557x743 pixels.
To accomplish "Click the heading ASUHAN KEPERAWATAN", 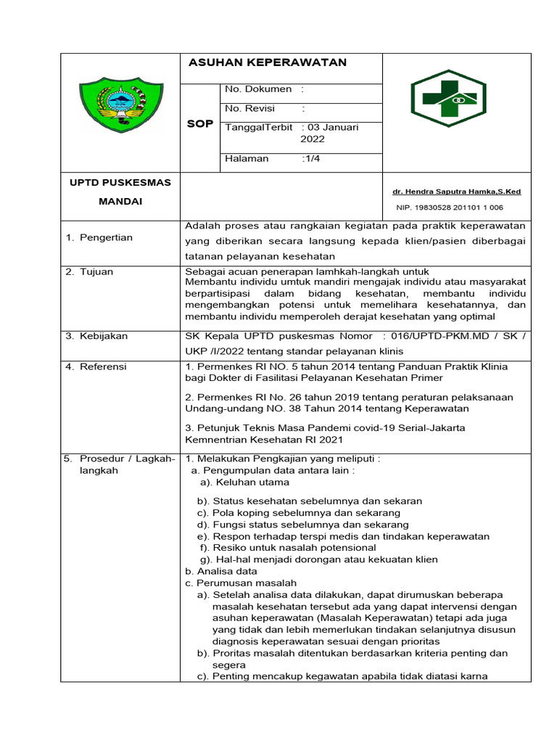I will coord(267,62).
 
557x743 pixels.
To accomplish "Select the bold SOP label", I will coord(199,124).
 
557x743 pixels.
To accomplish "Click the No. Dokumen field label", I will coord(258,89).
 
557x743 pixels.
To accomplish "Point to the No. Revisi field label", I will coord(254,108).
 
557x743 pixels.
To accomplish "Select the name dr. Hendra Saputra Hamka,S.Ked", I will coord(456,192).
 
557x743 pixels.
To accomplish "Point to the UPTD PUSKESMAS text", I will coord(120,182).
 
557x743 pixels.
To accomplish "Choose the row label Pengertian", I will coord(106,238).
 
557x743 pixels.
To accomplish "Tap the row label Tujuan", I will coord(99,272).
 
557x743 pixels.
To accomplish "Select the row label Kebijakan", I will coord(103,336).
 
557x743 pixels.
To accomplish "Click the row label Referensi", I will coord(103,366).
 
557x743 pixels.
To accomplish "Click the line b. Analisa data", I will coord(221,571).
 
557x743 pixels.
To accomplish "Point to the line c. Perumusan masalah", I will coord(241,583).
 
